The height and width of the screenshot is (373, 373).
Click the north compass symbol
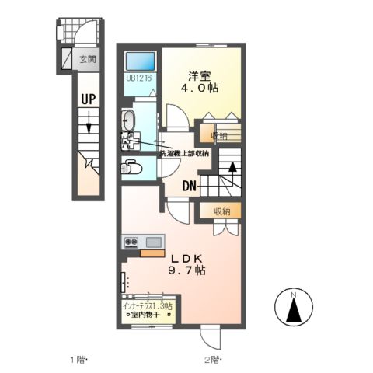pyautogui.click(x=294, y=310)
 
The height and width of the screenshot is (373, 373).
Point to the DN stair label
pyautogui.click(x=191, y=186)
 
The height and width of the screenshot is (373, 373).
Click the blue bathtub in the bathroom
pyautogui.click(x=140, y=60)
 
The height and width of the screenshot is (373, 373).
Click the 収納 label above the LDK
pyautogui.click(x=223, y=211)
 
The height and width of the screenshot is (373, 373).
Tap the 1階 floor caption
pyautogui.click(x=81, y=360)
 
